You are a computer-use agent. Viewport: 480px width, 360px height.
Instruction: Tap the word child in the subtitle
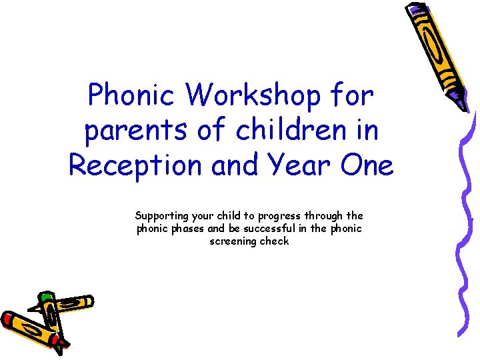pos(228,216)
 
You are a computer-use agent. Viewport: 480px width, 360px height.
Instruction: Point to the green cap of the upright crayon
pos(45,296)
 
